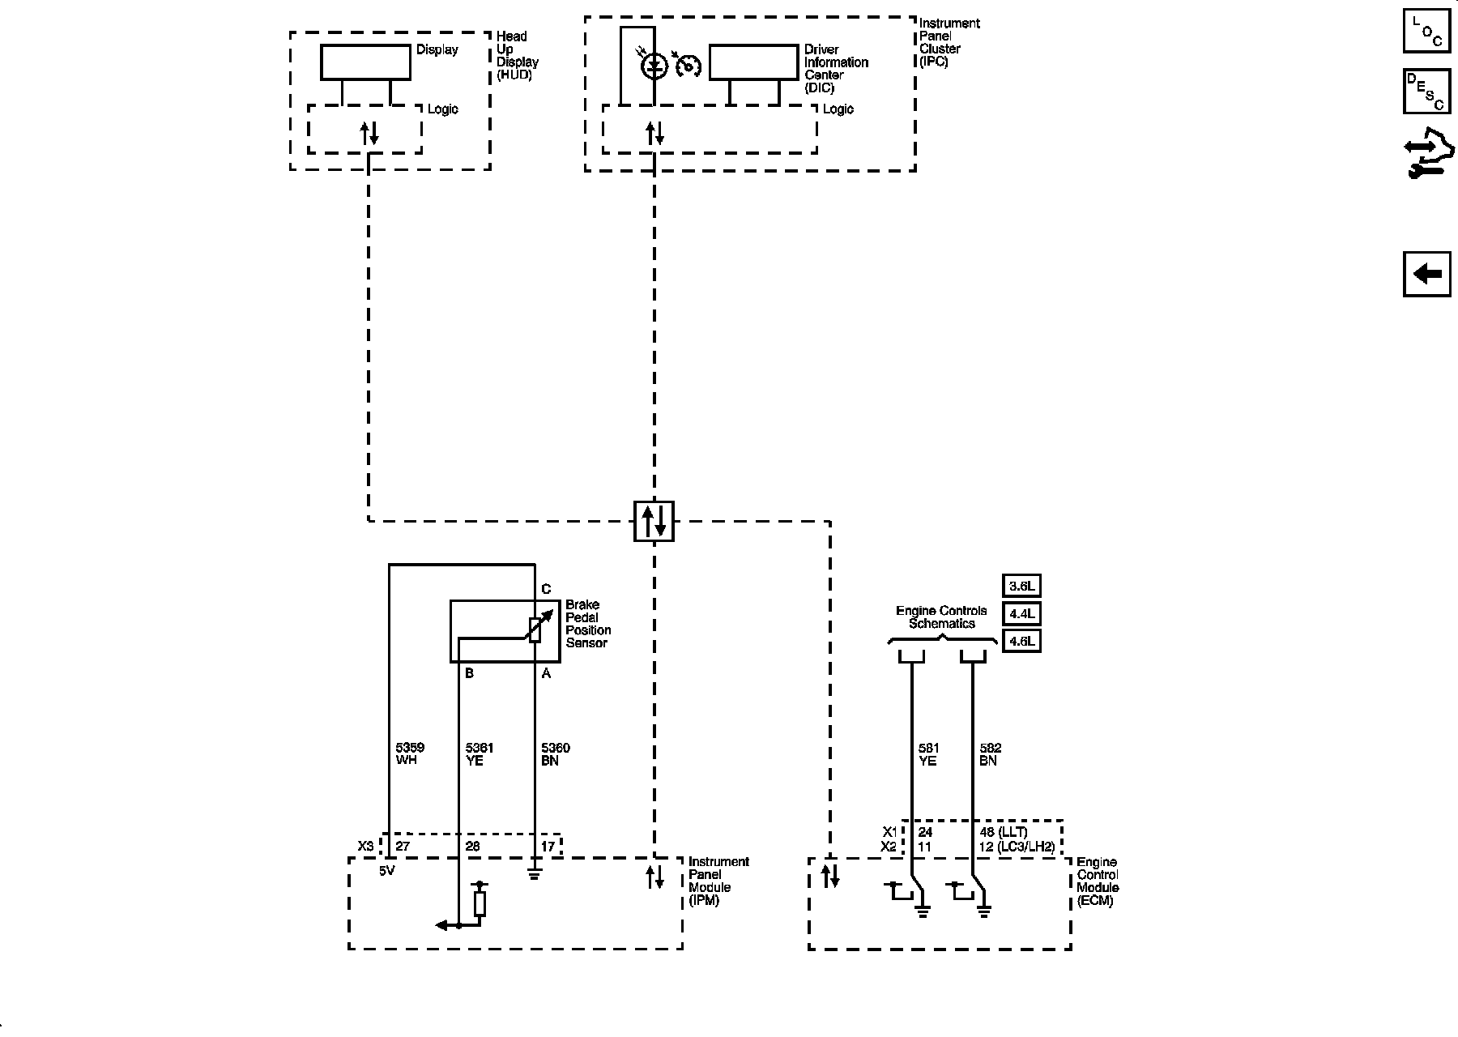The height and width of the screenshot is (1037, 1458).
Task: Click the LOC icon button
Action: tap(1427, 32)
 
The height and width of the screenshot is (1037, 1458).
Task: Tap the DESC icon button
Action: tap(1427, 92)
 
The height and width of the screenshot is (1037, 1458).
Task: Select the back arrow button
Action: tap(1427, 274)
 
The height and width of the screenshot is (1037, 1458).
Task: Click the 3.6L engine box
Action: tap(1021, 586)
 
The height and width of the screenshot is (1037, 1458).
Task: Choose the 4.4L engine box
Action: tap(1021, 613)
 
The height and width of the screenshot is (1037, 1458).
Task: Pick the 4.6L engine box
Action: tap(1021, 642)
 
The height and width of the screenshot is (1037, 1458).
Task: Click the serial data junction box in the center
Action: tap(654, 521)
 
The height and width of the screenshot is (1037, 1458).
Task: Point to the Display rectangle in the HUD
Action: tap(365, 62)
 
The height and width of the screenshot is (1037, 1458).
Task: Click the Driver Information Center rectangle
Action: tap(753, 62)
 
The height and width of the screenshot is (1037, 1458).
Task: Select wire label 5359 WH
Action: tap(410, 754)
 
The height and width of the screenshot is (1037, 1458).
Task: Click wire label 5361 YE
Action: tap(479, 754)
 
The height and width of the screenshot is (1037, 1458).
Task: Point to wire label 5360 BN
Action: tap(555, 754)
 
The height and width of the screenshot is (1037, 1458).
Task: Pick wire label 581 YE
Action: tap(927, 754)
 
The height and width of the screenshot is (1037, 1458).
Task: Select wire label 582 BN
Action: tap(990, 754)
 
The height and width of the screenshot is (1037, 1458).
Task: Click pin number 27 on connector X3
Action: tap(403, 847)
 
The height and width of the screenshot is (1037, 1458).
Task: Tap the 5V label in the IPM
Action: tap(387, 871)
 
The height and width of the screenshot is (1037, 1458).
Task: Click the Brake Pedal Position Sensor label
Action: tap(588, 624)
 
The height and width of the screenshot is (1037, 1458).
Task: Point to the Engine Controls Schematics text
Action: tap(941, 617)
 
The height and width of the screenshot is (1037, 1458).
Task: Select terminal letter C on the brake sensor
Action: tap(546, 589)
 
